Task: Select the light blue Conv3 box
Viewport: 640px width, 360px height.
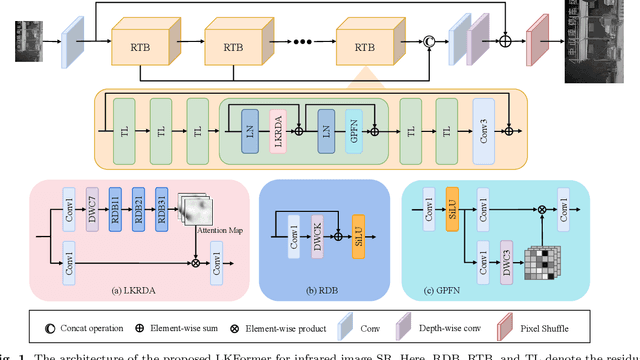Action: pos(483,124)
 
